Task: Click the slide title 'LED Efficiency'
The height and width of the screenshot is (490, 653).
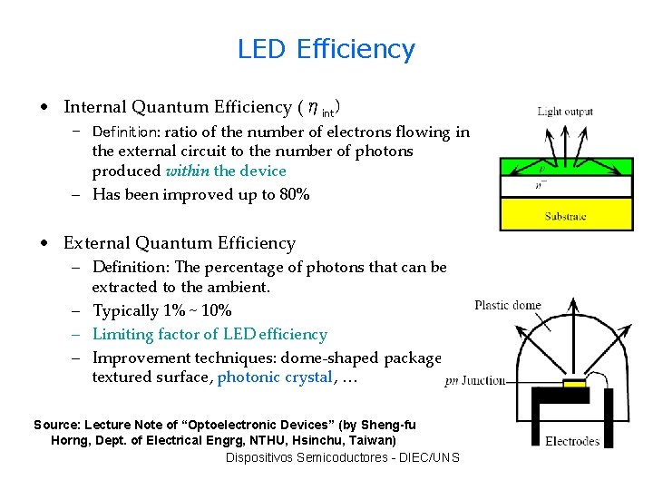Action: coord(326,49)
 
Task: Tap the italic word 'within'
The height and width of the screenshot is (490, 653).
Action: coord(187,171)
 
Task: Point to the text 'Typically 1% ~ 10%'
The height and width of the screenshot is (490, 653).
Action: coord(162,311)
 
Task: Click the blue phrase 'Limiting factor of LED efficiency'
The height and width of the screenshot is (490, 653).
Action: coord(210,334)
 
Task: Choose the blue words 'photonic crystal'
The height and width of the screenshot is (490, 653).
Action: coord(275,377)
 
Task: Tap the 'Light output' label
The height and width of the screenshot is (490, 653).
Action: coord(565,112)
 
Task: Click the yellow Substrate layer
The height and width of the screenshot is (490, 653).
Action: coord(566,216)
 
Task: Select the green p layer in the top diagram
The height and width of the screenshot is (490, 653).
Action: coord(566,168)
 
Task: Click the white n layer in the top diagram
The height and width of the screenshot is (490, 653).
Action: coord(566,187)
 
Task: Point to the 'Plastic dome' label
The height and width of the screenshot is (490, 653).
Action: coord(508,305)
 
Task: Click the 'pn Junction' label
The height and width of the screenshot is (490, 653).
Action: coord(474,381)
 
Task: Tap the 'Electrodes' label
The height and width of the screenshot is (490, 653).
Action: coord(572,441)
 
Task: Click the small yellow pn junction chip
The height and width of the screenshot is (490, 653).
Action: coord(574,384)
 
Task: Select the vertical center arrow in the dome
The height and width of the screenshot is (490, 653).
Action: coord(573,336)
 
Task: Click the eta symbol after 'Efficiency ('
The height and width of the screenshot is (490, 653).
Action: coord(311,107)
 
